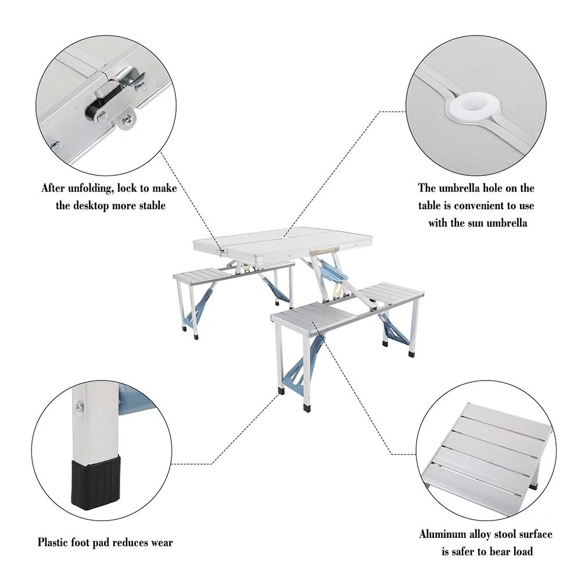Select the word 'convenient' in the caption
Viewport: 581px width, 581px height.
tap(481, 206)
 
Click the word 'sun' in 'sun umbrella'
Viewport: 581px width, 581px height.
tap(473, 223)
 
